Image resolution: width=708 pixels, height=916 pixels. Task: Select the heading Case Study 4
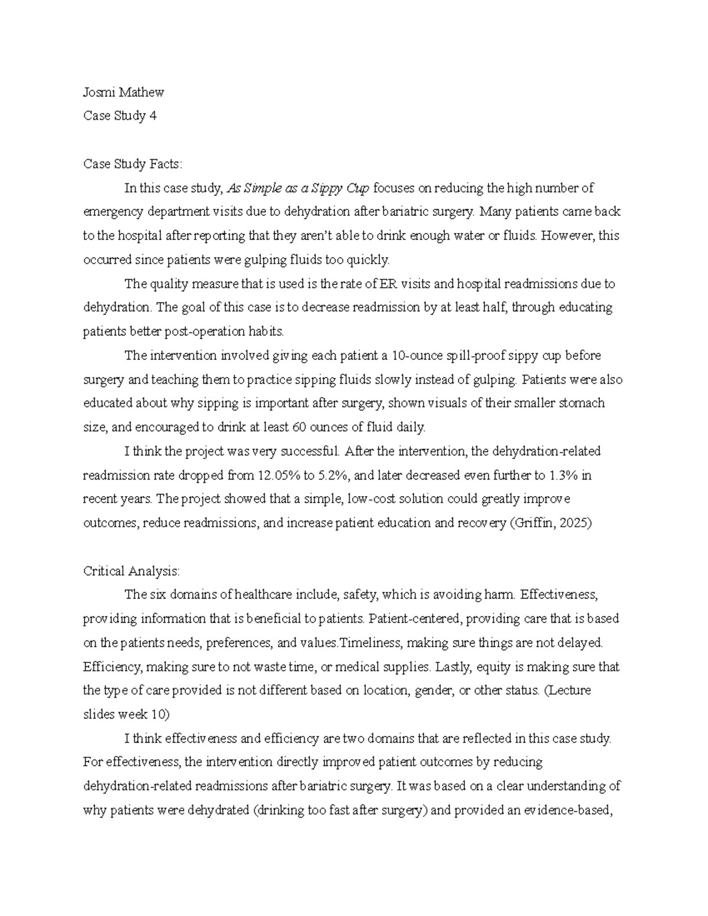pos(120,116)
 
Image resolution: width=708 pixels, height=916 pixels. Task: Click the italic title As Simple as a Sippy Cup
pos(298,188)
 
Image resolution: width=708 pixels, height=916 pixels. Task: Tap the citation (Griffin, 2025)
pos(550,523)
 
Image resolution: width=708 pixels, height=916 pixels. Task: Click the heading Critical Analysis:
pos(132,571)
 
